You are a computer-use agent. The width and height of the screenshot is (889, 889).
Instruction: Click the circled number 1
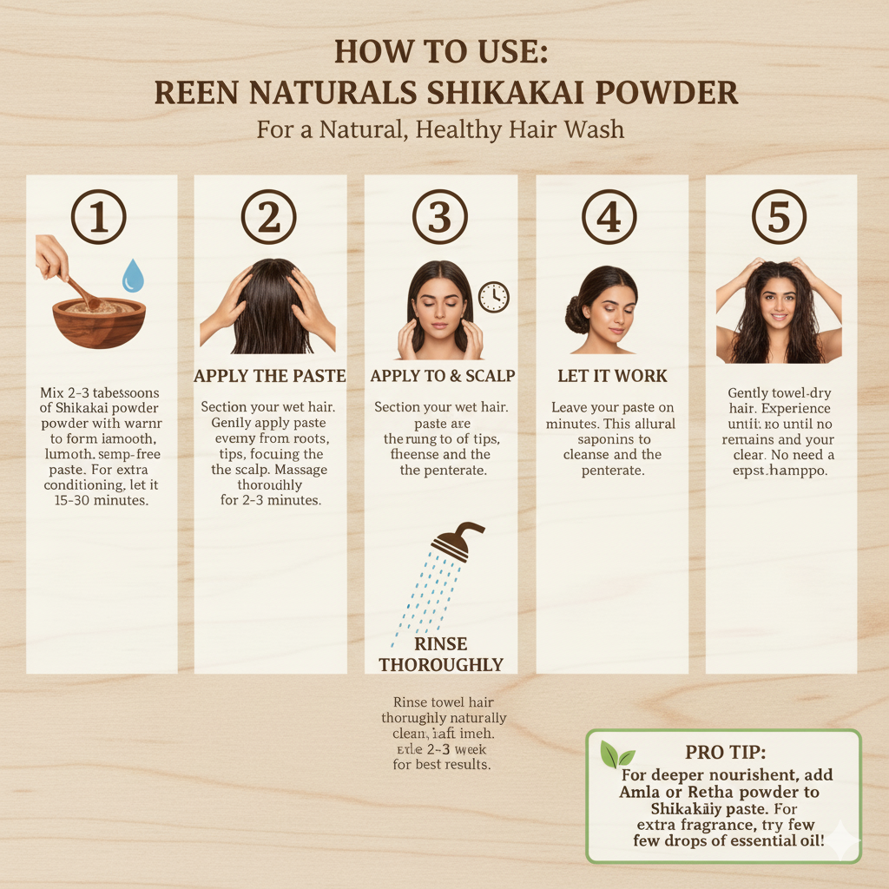point(99,216)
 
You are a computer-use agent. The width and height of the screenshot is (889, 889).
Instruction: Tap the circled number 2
point(269,216)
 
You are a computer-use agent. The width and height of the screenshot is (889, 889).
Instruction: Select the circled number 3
point(440,216)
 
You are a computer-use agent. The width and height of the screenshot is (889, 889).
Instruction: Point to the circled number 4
point(610,216)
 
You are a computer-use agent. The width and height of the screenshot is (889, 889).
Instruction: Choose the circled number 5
point(779,216)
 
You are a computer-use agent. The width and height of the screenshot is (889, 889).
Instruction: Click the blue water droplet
point(133,276)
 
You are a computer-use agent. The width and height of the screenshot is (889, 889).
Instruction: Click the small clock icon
point(493,297)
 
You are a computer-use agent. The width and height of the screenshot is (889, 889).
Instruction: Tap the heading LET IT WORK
point(612,377)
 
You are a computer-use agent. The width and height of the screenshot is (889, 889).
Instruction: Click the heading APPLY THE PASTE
point(269,377)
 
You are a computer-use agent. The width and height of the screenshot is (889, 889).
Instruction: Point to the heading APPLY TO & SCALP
point(442,377)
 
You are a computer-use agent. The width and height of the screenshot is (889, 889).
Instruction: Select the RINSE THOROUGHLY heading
point(441,655)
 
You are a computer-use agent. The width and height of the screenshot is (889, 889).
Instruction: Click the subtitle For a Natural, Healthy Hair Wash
point(440,130)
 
